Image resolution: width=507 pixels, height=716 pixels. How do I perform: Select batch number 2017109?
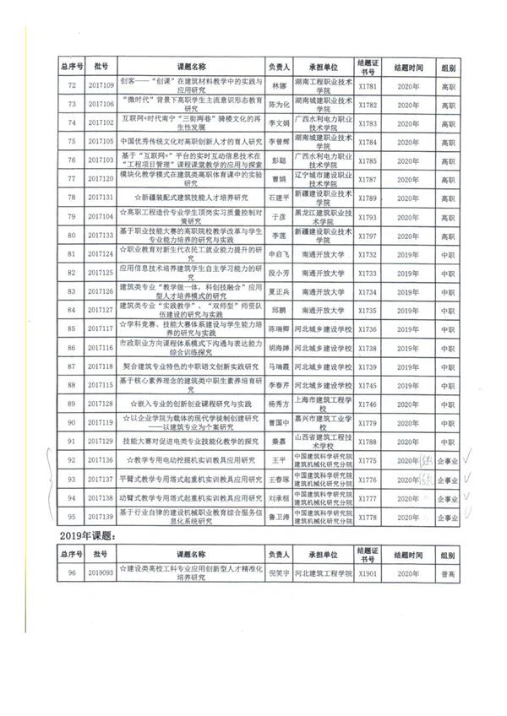click(x=101, y=85)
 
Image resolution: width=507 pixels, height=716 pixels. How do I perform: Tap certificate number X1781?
click(x=367, y=85)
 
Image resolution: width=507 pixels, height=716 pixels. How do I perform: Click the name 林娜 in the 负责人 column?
click(x=278, y=85)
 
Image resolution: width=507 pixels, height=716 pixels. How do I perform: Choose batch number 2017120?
click(x=101, y=178)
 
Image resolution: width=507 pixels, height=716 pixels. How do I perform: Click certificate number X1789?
click(x=367, y=197)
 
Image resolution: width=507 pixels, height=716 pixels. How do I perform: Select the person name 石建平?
click(x=278, y=197)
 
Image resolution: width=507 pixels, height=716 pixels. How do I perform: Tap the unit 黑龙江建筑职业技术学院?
click(x=322, y=215)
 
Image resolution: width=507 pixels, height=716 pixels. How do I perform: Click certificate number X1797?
click(x=367, y=234)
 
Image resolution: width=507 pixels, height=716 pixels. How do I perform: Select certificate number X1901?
click(x=367, y=572)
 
